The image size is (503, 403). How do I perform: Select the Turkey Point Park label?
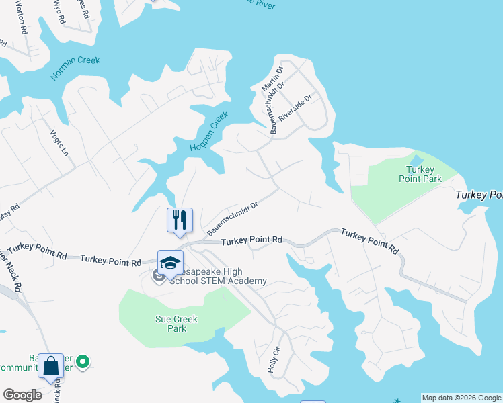[x=424, y=174]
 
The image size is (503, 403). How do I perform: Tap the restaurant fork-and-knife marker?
[x=180, y=220]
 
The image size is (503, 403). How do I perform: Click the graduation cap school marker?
[x=170, y=263]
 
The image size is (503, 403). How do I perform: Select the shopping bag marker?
[x=50, y=366]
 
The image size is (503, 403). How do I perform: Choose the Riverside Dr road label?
[x=296, y=107]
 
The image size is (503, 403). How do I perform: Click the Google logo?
[x=22, y=395]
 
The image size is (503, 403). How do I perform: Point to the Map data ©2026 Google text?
[x=461, y=398]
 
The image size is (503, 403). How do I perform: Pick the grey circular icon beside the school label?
[x=159, y=275]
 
